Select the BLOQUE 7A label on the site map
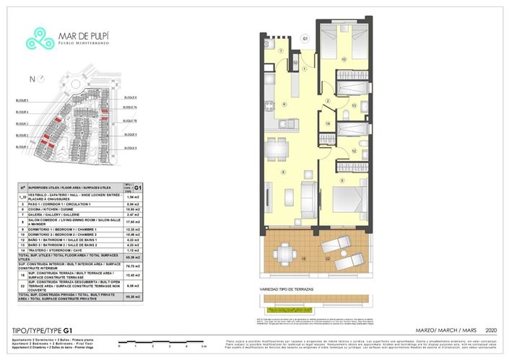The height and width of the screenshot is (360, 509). click(130, 107)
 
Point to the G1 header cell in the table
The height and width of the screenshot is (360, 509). click(131, 185)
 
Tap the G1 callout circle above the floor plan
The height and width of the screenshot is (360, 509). click(305, 38)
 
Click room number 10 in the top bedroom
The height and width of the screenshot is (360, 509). click(344, 59)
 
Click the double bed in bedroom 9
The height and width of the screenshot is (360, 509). click(345, 199)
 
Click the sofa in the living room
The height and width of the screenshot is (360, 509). click(307, 195)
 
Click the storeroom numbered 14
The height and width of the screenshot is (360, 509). click(328, 123)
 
